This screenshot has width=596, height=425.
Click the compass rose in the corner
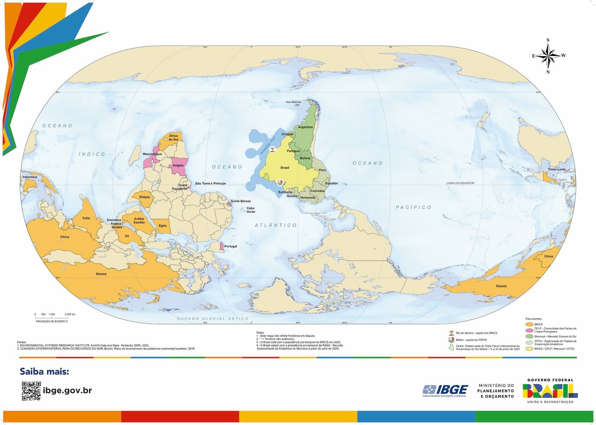[x=548, y=56]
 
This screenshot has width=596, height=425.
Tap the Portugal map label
[x=231, y=246]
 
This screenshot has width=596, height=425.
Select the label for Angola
[x=178, y=165]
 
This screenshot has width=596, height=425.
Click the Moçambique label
[x=152, y=154]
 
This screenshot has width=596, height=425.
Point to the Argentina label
[x=305, y=127]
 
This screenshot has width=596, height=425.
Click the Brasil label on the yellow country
[x=285, y=168]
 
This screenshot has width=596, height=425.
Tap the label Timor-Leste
[x=557, y=169]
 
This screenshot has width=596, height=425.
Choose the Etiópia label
[x=145, y=197]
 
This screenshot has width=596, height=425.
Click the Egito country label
[x=163, y=225]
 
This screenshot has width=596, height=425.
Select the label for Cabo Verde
[x=251, y=210]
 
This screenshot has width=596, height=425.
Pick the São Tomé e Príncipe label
[x=210, y=183]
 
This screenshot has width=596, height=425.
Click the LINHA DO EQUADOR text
[x=460, y=183]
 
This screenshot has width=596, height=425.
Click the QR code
[x=31, y=391]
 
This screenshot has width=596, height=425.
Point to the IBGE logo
[x=445, y=390]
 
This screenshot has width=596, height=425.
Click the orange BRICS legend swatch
[x=529, y=324]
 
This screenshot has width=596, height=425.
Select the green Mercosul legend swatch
[x=529, y=337]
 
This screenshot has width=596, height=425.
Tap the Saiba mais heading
[x=44, y=371]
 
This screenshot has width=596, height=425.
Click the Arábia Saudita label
[x=139, y=221]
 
